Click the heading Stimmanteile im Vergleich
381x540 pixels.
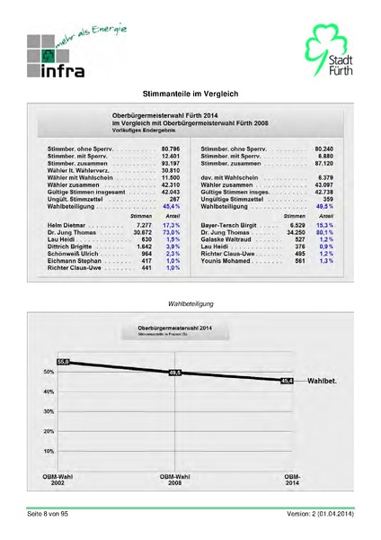tap(190, 94)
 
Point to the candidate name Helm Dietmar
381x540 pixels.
tap(66, 224)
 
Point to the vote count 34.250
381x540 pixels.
tap(294, 232)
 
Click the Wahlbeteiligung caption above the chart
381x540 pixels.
tap(190, 304)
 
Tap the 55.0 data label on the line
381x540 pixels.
tap(62, 361)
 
